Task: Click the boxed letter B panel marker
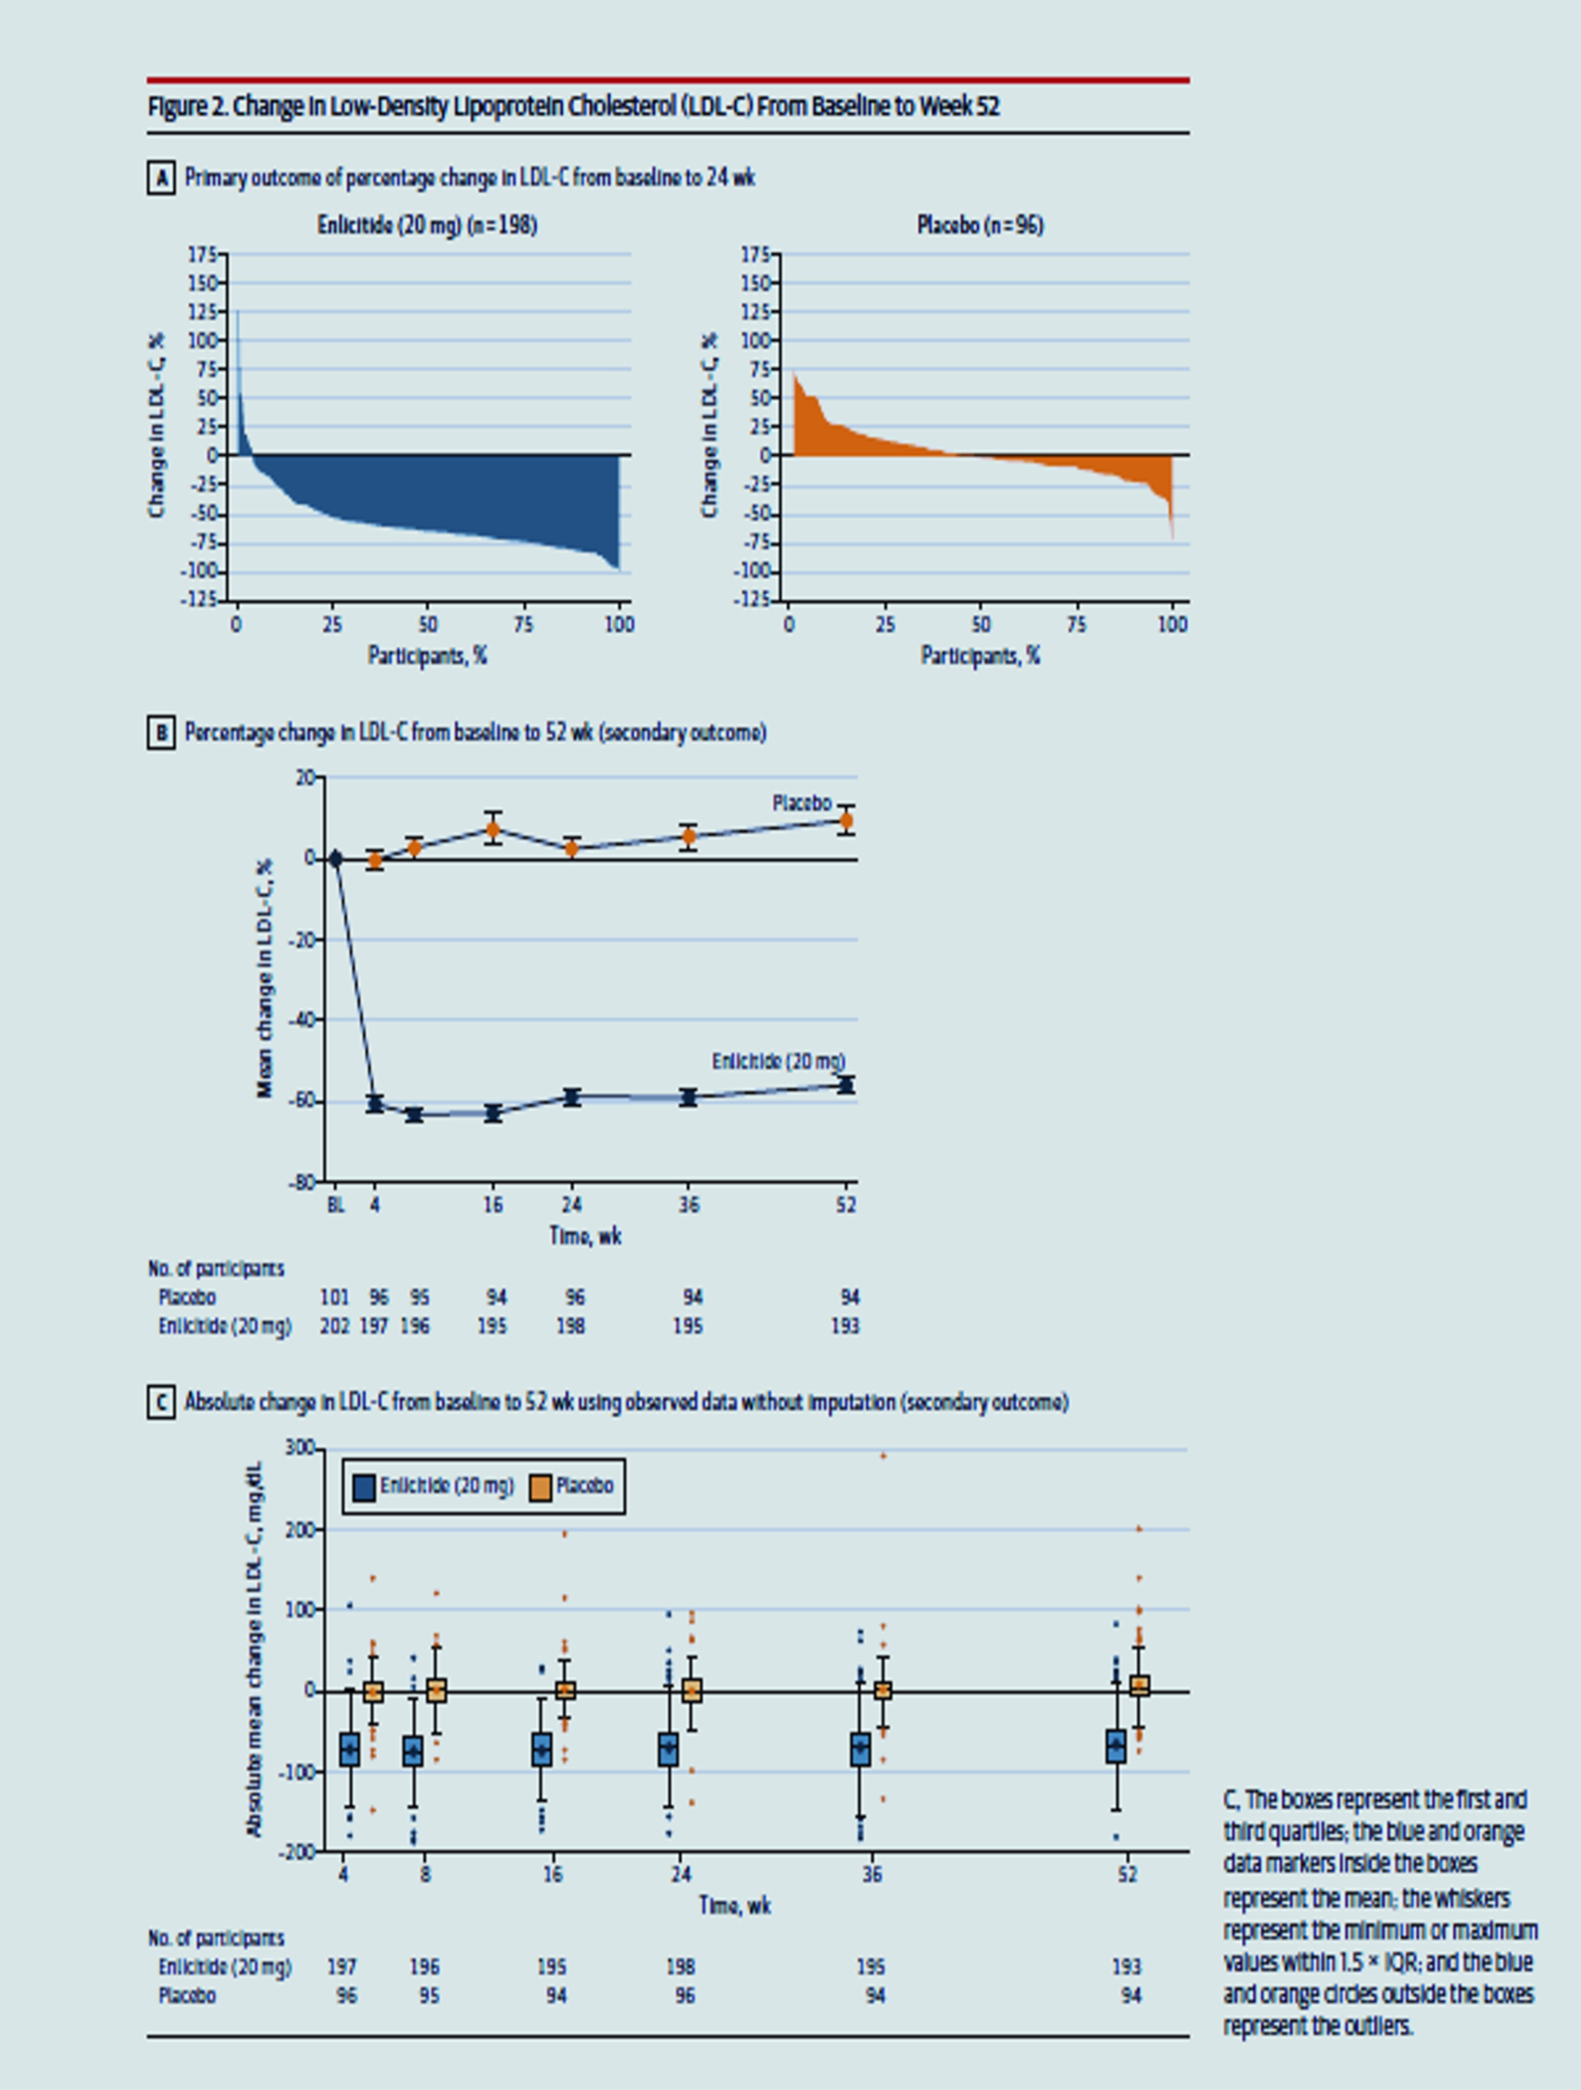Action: [x=161, y=733]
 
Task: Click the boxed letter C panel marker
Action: [x=161, y=1403]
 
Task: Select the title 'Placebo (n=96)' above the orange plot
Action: [x=980, y=225]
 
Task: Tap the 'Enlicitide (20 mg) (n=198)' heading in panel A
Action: [x=427, y=225]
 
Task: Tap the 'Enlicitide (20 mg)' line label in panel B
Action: [x=778, y=1061]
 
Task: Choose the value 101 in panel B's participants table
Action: [x=335, y=1297]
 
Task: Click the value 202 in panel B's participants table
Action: [x=335, y=1327]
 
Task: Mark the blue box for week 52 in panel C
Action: [x=1116, y=1746]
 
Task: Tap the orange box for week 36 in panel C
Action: [x=883, y=1690]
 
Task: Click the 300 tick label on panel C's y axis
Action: [x=301, y=1448]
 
